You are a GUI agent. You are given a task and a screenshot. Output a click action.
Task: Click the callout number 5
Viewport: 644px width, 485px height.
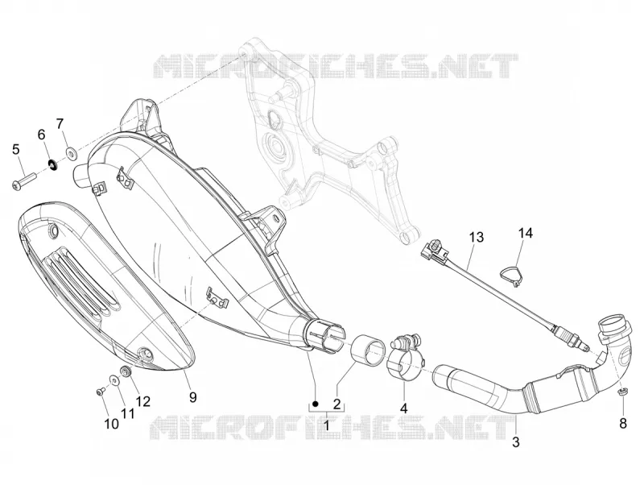point(15,150)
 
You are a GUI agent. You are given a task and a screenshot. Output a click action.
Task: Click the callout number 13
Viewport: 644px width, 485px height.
point(477,238)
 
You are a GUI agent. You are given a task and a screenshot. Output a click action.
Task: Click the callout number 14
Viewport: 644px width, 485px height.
point(525,233)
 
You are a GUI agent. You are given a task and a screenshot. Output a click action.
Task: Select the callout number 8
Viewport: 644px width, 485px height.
point(623,423)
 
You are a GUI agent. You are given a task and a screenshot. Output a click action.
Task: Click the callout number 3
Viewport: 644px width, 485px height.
point(516,442)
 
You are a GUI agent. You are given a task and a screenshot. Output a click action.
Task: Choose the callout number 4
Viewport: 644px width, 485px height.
point(404,408)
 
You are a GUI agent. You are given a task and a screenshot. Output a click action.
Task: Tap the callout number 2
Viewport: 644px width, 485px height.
point(336,404)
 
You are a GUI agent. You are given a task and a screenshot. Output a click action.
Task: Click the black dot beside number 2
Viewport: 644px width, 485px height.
point(316,404)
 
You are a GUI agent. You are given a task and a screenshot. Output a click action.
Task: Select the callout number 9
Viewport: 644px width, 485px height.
point(193,397)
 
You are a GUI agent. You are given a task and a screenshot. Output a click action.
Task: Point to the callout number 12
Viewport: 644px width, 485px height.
point(143,401)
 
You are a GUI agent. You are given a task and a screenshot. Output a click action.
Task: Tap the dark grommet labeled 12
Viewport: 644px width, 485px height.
point(126,371)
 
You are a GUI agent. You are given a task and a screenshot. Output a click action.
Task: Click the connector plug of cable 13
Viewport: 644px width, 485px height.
point(434,251)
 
